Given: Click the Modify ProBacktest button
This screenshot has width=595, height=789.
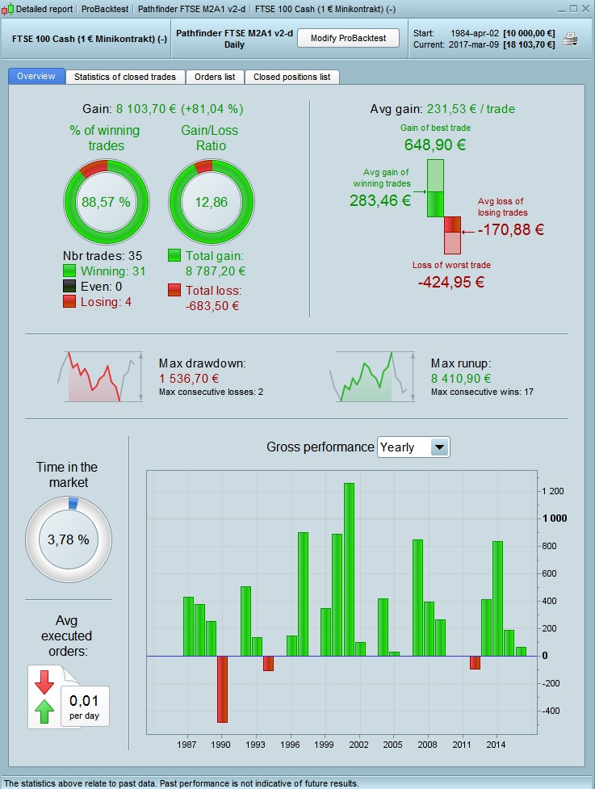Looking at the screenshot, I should [x=349, y=38].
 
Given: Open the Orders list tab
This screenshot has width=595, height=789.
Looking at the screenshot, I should [x=215, y=77].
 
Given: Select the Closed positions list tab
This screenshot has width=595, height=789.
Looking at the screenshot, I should [x=291, y=77].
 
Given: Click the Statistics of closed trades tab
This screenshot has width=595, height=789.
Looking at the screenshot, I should [x=125, y=77].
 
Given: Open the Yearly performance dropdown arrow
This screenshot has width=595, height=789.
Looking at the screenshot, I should [x=439, y=447].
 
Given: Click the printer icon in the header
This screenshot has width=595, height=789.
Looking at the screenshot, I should [x=571, y=39].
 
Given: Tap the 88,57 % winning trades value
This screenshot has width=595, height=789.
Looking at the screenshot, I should [x=106, y=201].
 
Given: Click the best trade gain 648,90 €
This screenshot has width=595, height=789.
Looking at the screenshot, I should [x=435, y=145].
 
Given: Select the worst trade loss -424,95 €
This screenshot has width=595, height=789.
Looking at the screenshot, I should [x=451, y=282].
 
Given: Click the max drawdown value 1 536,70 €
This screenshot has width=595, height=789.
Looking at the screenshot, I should [x=189, y=378].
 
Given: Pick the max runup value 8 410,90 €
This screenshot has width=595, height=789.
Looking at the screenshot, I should [x=461, y=378].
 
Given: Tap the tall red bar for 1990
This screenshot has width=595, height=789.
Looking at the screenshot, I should [x=222, y=688].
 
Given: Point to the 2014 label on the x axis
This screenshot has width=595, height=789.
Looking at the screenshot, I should [x=496, y=744].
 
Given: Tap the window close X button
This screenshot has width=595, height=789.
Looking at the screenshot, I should [x=585, y=8].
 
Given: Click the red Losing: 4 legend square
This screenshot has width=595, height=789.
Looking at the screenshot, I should [x=69, y=301].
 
